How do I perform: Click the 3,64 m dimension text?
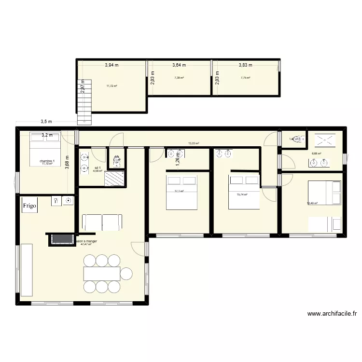(x=179, y=65)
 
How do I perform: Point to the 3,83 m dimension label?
(x=246, y=65)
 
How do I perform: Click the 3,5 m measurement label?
(x=46, y=122)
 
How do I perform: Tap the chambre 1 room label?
(x=47, y=160)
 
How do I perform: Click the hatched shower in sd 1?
(x=115, y=177)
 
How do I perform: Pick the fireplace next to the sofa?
(x=60, y=239)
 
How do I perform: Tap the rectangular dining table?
(x=102, y=274)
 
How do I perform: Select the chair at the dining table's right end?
(x=126, y=274)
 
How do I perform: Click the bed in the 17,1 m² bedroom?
(x=182, y=193)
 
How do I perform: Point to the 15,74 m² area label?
(x=242, y=195)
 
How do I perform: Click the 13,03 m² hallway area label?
(x=194, y=143)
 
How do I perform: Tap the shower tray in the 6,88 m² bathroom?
(x=326, y=140)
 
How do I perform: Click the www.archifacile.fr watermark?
(x=332, y=314)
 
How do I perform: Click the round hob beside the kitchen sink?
(x=68, y=200)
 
